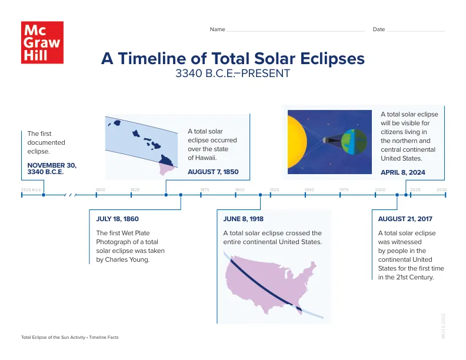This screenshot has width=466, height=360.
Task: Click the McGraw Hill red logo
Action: (x=42, y=42)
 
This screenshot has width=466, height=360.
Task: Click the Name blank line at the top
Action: (x=296, y=30)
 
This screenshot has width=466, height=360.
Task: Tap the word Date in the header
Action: (x=378, y=29)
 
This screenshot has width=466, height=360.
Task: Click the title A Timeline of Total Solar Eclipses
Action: (x=233, y=59)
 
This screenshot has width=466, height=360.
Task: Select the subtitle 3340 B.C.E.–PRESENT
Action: (x=232, y=74)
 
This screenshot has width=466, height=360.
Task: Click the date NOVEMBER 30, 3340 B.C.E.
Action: (x=52, y=168)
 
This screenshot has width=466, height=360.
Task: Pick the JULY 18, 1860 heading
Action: (x=117, y=219)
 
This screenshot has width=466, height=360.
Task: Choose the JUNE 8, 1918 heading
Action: (x=243, y=219)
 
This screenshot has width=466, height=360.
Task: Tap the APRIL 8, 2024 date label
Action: (x=402, y=173)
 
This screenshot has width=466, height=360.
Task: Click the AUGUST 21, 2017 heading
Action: (x=405, y=219)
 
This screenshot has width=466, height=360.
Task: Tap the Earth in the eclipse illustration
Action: (x=352, y=141)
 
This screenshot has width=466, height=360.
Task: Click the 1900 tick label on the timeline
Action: (x=239, y=189)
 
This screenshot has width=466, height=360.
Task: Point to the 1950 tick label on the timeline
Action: (x=309, y=189)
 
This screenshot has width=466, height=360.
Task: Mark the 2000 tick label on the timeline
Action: (x=380, y=189)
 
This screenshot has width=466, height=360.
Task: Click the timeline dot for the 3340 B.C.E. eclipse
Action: (x=44, y=195)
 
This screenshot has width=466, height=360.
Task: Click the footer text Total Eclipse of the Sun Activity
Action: (x=53, y=338)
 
